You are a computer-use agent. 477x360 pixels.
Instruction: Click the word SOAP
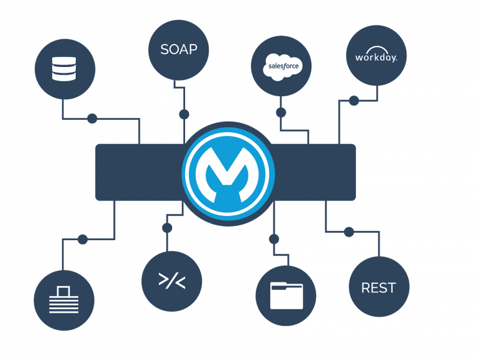[179, 49]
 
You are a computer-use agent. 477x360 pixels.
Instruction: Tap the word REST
[378, 287]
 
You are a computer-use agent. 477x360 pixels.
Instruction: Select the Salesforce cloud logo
[283, 67]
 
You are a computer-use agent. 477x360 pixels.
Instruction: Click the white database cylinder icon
[64, 69]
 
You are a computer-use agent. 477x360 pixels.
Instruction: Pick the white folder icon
[286, 295]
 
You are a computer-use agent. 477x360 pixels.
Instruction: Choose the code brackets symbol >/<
[172, 281]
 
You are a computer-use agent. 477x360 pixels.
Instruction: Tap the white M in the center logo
[227, 174]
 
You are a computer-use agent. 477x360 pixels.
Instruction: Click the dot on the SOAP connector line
[184, 114]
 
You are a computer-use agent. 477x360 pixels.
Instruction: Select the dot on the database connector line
[92, 119]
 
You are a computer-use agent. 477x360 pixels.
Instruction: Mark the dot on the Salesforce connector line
[281, 112]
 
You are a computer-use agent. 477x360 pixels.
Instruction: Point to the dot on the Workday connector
[353, 101]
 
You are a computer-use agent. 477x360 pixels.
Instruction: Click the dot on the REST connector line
[349, 232]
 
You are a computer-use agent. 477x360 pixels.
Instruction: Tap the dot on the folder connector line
[274, 239]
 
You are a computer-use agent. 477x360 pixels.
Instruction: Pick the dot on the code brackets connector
[167, 228]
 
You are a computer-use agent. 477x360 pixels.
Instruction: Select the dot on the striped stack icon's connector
[83, 240]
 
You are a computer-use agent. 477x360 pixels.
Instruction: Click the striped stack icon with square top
[64, 300]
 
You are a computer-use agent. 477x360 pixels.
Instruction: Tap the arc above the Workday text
[376, 49]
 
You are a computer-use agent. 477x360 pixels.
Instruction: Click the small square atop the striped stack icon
[64, 291]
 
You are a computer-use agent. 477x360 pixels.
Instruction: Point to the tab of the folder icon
[279, 284]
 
